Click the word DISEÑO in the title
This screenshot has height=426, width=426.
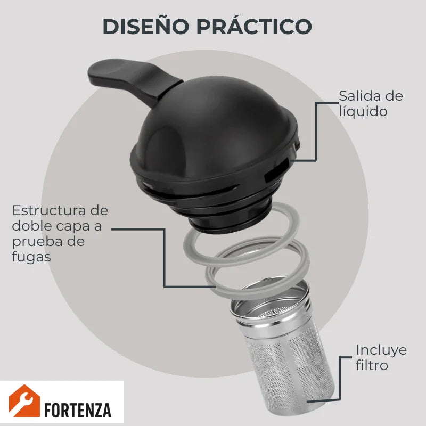[146, 26]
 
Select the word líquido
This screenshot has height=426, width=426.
[363, 111]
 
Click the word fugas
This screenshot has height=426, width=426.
[31, 257]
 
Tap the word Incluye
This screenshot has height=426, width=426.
[381, 350]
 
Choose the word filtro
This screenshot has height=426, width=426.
[372, 365]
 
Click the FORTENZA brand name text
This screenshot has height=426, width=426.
[77, 409]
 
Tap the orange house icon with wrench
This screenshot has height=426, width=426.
[24, 401]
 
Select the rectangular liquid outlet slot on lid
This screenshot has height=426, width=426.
[276, 170]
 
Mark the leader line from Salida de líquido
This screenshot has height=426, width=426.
[316, 132]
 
